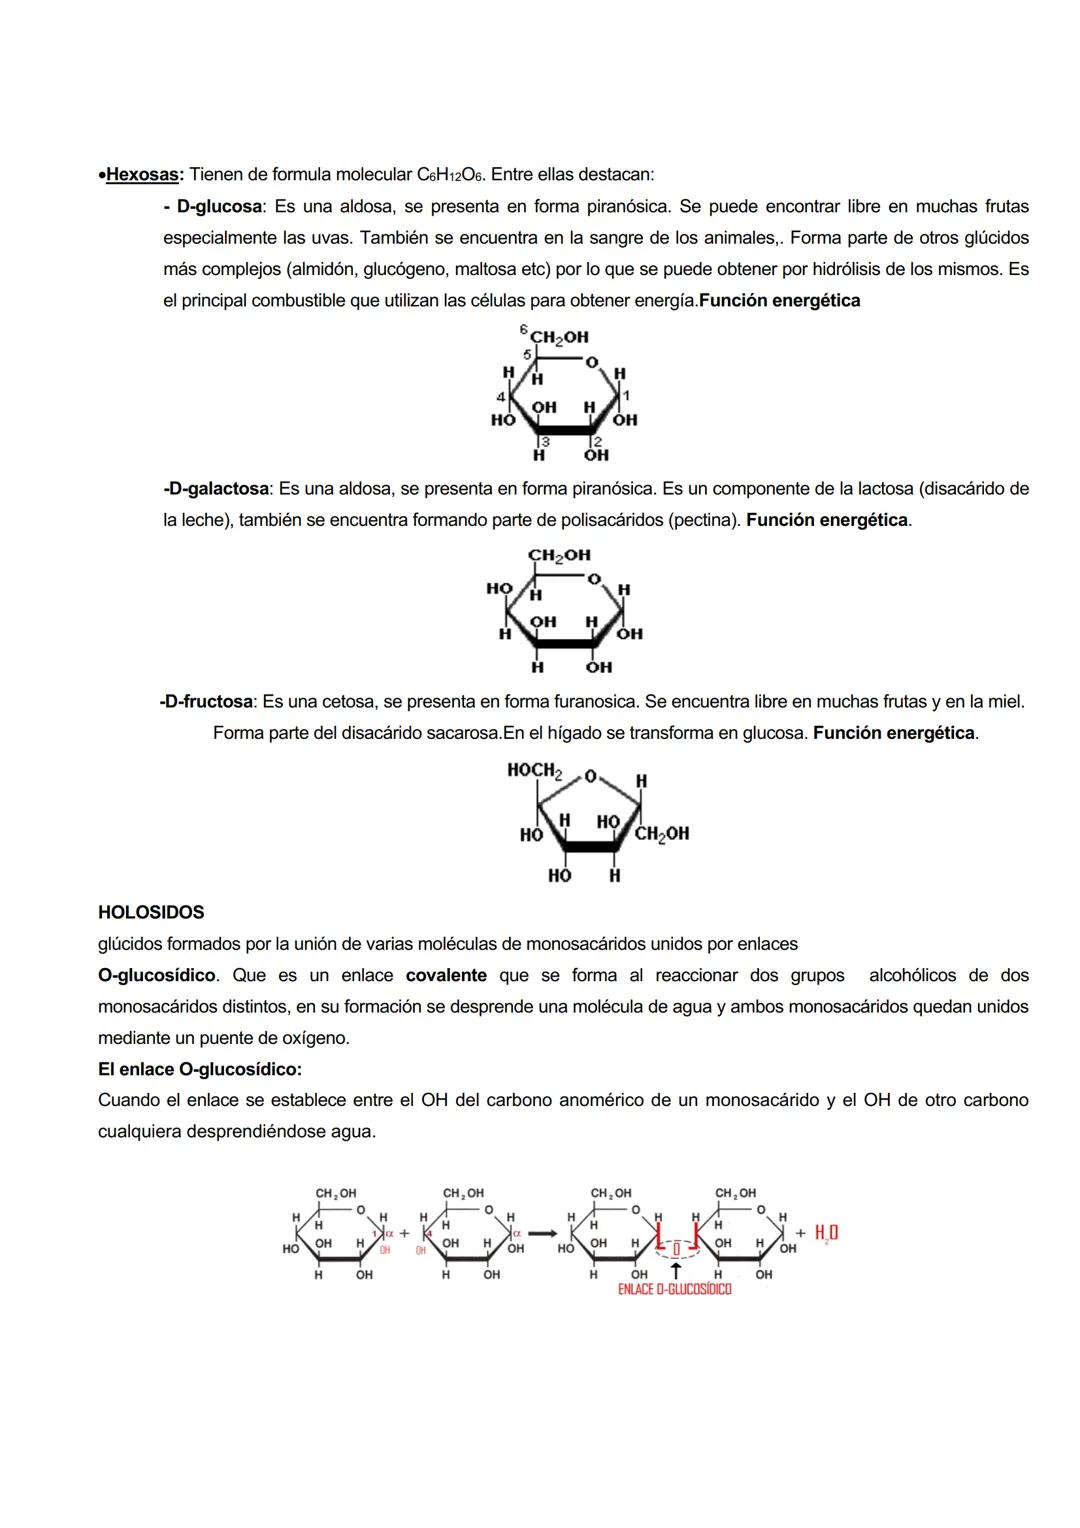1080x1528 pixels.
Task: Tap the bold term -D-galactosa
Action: [x=216, y=489]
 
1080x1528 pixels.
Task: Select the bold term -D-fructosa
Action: [x=206, y=702]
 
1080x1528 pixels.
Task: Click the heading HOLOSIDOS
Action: [x=151, y=912]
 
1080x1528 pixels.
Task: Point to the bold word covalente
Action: [x=446, y=975]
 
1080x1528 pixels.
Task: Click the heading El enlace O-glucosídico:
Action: [x=200, y=1069]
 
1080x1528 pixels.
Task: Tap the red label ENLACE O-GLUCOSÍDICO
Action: [x=674, y=1290]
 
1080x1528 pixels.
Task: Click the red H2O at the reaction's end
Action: [x=826, y=1233]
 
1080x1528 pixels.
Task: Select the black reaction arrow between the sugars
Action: [x=542, y=1233]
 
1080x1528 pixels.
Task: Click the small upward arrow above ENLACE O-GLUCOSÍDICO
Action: [x=676, y=1270]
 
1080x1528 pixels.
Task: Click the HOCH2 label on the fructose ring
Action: [x=534, y=770]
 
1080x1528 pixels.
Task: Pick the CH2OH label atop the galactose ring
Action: [x=559, y=555]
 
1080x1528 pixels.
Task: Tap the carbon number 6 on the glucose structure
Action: [x=524, y=329]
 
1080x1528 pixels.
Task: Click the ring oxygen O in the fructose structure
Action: [x=591, y=776]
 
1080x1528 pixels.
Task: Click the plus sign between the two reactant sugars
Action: [x=404, y=1233]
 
